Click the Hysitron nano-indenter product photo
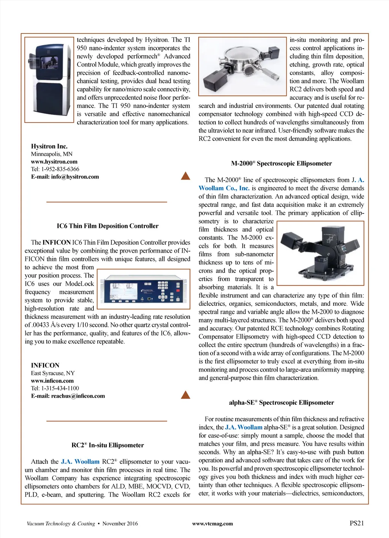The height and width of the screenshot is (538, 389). click(x=49, y=80)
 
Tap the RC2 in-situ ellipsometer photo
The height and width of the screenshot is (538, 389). click(x=242, y=66)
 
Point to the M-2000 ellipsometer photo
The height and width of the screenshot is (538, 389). click(x=320, y=253)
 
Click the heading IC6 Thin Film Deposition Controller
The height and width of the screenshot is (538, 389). click(x=108, y=226)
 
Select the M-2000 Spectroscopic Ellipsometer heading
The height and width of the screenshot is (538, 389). click(x=281, y=164)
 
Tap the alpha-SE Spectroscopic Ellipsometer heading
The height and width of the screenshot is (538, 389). click(x=281, y=403)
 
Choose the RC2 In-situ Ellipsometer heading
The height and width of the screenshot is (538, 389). click(x=108, y=445)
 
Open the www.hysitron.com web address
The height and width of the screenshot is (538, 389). click(x=54, y=162)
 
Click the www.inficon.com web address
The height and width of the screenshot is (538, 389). click(x=52, y=381)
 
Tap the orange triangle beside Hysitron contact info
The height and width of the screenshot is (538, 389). click(x=185, y=176)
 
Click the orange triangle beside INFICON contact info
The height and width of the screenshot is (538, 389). click(x=185, y=395)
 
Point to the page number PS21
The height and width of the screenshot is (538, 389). click(x=356, y=523)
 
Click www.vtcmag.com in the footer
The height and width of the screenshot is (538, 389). click(x=212, y=524)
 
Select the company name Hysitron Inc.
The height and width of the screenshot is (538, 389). click(x=49, y=146)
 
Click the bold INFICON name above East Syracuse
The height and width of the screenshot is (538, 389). click(x=45, y=365)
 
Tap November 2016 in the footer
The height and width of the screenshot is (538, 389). click(x=120, y=524)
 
